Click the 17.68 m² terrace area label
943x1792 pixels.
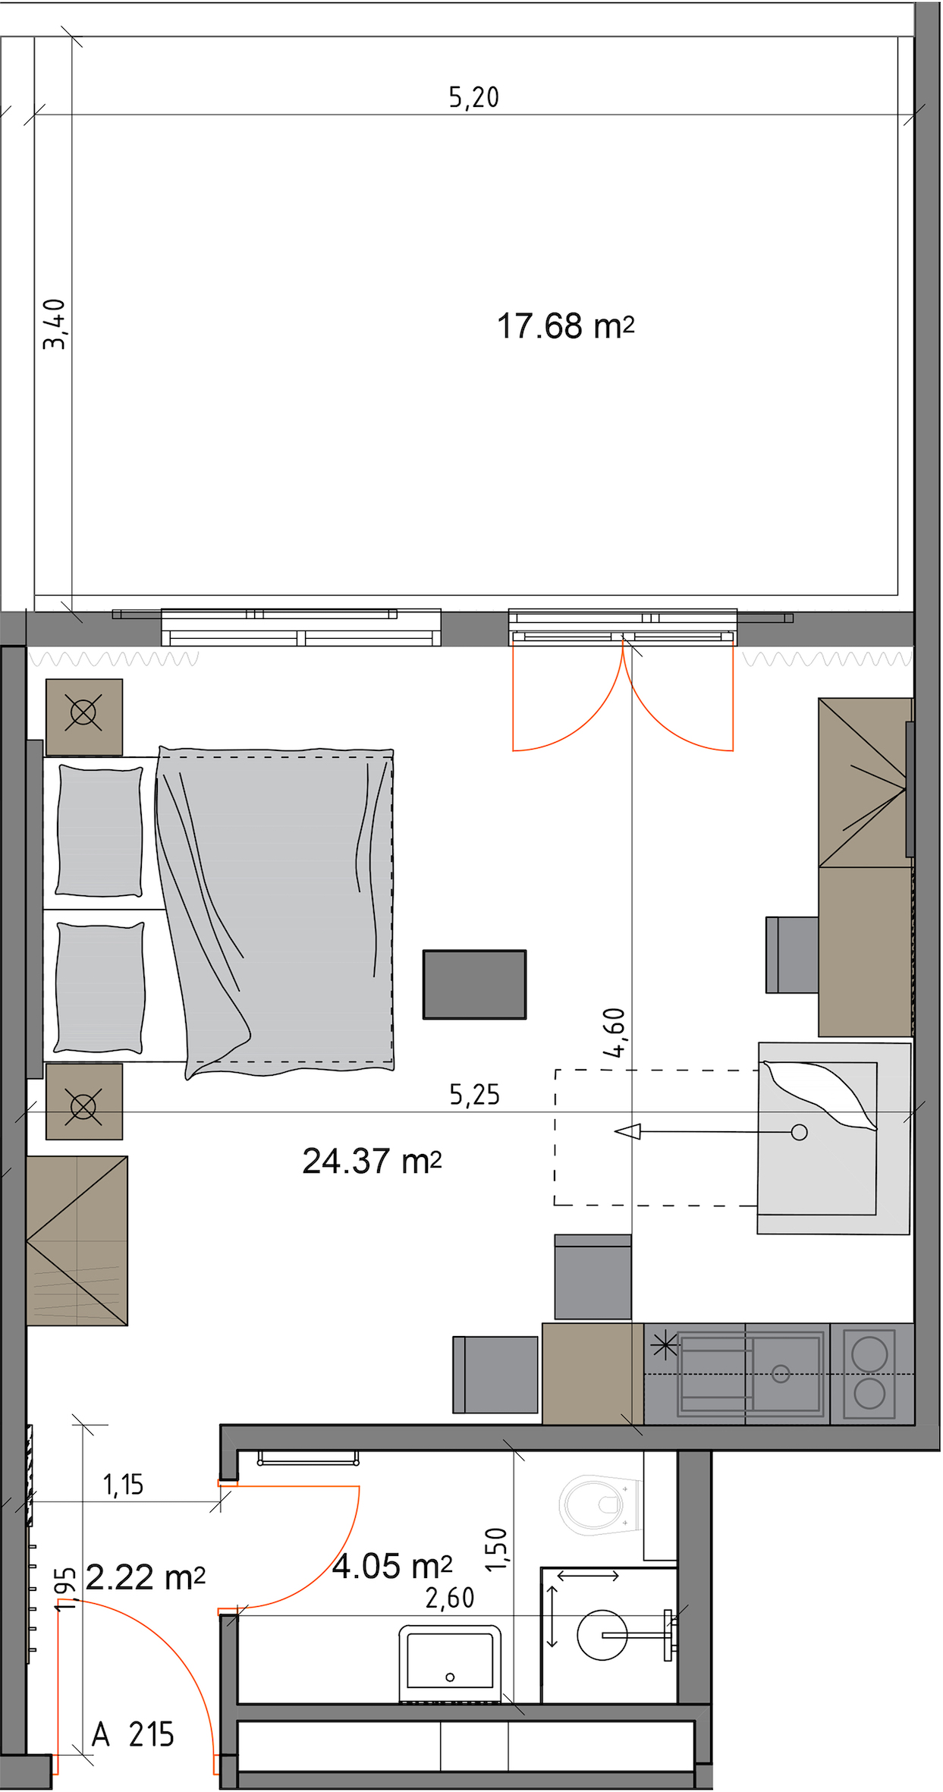point(565,326)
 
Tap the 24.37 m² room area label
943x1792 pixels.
point(372,1161)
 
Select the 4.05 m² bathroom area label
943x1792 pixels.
point(392,1566)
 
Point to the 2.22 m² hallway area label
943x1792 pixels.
point(145,1577)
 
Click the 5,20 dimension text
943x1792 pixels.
point(474,97)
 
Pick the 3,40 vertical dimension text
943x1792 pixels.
point(55,324)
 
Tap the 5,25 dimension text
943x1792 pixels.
point(475,1095)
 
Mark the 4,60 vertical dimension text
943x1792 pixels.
point(614,1033)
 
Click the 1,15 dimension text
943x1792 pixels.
point(123,1485)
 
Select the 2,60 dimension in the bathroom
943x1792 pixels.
point(450,1599)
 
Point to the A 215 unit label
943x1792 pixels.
point(133,1734)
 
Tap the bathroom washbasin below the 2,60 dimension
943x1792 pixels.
point(450,1665)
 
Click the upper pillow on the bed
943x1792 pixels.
point(100,831)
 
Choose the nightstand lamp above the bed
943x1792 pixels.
point(84,717)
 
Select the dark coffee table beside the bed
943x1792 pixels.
point(474,984)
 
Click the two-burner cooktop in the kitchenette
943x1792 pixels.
point(871,1374)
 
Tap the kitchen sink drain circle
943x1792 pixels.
point(781,1373)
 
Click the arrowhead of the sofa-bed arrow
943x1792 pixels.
point(627,1132)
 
